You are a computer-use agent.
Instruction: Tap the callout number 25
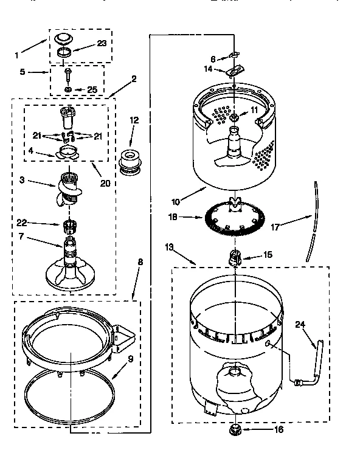[92, 89]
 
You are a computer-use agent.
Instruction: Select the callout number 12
[134, 121]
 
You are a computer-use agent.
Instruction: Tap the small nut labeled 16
[234, 430]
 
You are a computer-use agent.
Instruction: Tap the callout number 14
[209, 69]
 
